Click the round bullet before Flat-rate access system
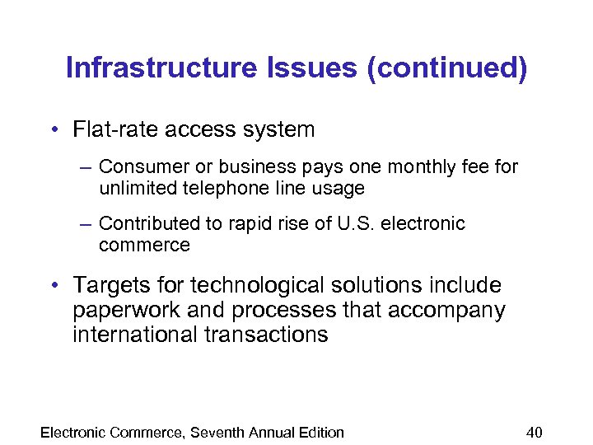click(53, 130)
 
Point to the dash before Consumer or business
click(86, 167)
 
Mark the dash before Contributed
click(86, 224)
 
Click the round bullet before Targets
click(53, 286)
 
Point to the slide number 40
click(535, 433)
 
